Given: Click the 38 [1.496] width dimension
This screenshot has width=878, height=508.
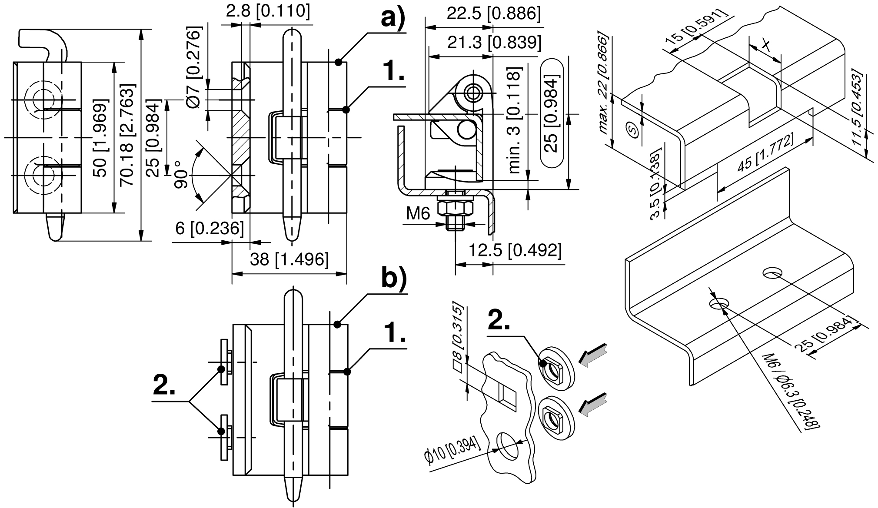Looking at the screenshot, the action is [x=289, y=260].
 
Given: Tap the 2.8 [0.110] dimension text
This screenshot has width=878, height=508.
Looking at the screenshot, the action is [x=268, y=11].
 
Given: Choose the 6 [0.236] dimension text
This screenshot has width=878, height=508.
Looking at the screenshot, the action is [x=209, y=229].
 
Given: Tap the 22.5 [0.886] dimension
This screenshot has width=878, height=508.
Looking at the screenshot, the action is [x=494, y=14].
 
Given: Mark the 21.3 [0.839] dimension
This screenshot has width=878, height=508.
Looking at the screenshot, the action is [x=494, y=43].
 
